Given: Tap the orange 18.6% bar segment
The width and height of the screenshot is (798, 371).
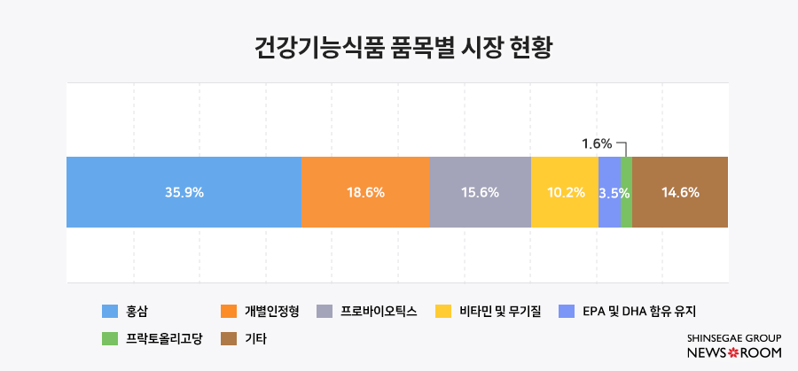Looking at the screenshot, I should [364, 192].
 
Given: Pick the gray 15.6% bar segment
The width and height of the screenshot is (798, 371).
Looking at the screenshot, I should [480, 192].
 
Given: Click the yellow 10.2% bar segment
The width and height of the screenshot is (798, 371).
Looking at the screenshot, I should [565, 192].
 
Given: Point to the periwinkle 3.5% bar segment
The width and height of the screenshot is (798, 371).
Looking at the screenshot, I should [609, 192].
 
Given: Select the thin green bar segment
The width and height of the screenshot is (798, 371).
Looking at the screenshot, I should [626, 192].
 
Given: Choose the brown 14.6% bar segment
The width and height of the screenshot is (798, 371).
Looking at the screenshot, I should [680, 192].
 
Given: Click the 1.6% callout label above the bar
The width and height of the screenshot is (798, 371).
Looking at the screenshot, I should [597, 143].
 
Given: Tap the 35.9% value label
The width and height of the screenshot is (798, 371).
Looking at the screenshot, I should [184, 192].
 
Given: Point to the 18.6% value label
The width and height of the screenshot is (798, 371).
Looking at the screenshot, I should [364, 192].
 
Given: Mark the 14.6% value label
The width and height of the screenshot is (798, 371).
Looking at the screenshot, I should [681, 192].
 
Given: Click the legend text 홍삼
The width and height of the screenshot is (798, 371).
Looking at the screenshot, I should [137, 311].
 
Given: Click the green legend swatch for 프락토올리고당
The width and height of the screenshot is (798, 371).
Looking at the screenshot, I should [110, 338].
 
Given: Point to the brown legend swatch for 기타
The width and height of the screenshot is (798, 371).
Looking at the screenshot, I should [229, 338].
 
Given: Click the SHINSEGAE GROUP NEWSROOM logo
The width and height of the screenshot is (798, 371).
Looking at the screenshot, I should [734, 346].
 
